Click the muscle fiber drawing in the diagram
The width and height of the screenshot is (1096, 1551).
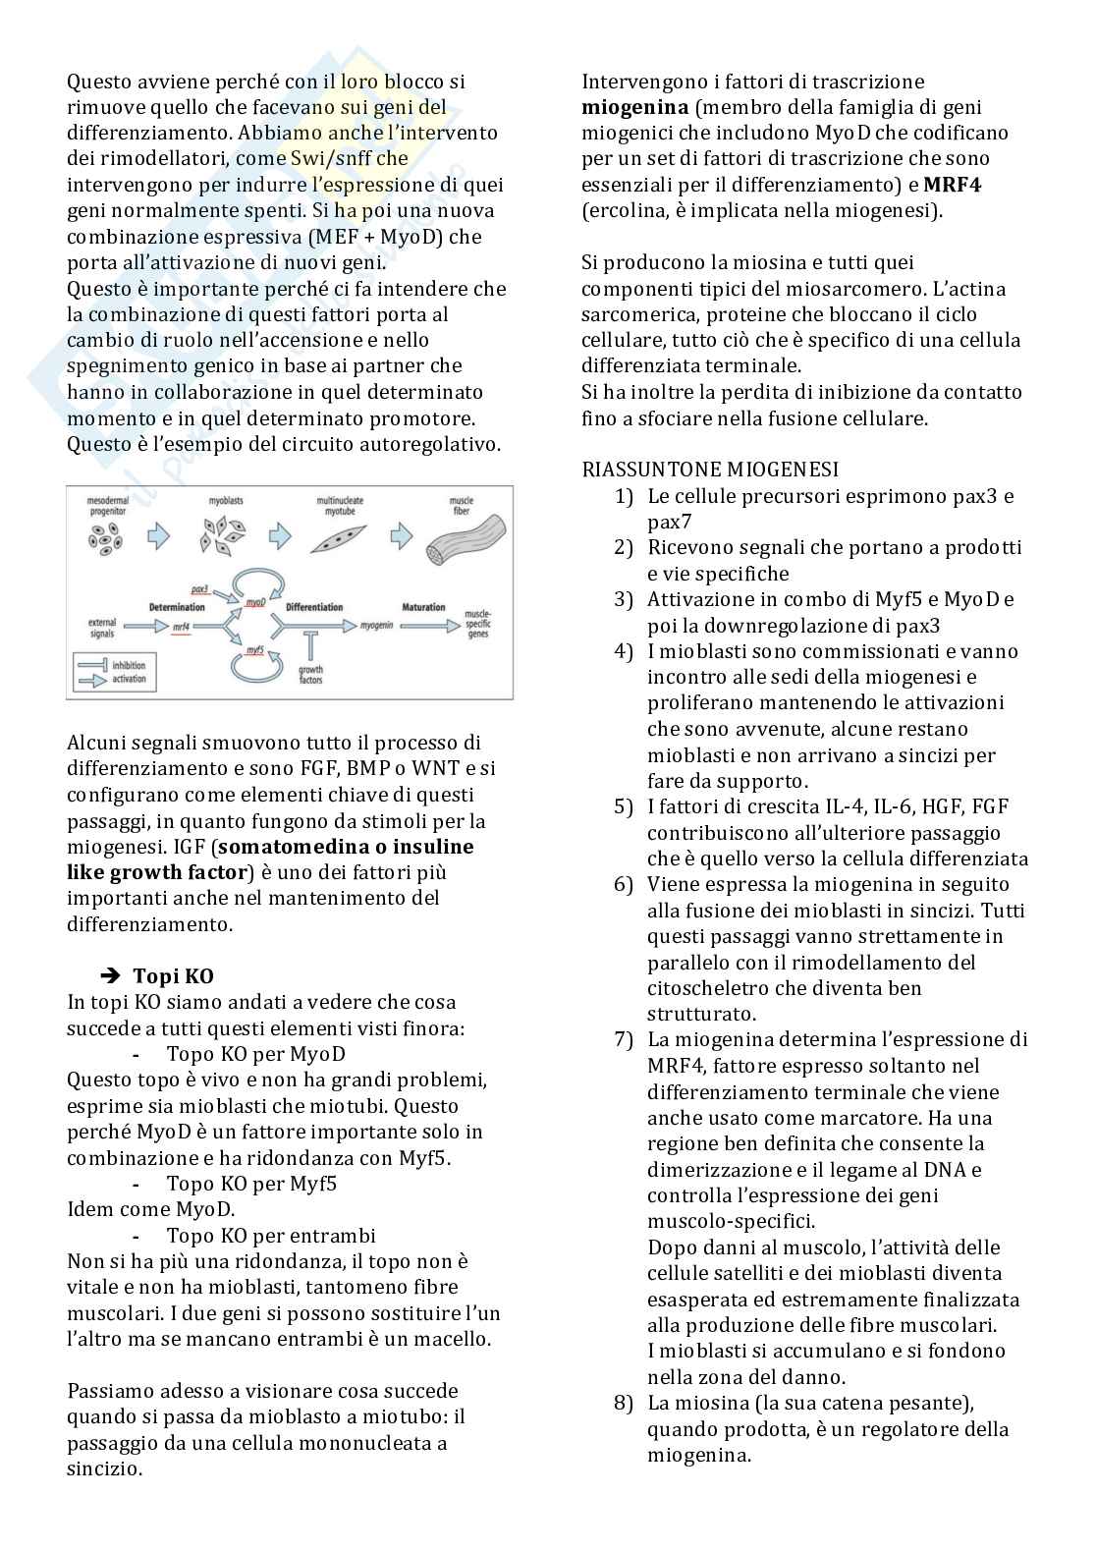(x=467, y=541)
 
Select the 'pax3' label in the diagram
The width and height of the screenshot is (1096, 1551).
(x=200, y=589)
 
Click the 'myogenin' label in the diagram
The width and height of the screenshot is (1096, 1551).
(x=378, y=625)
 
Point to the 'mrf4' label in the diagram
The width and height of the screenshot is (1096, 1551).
(x=181, y=626)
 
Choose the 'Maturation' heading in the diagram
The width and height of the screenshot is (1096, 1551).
(x=423, y=607)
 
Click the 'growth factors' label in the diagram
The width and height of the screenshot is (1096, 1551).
(x=310, y=675)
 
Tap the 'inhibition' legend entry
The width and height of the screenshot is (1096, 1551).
(x=129, y=665)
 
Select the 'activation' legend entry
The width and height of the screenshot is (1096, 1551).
(x=129, y=679)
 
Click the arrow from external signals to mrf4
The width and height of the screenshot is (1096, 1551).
(x=145, y=626)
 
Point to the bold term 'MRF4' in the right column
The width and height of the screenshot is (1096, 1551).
(x=953, y=185)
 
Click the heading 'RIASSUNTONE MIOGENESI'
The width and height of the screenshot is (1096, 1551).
(x=710, y=470)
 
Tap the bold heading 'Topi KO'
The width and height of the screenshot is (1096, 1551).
(x=173, y=975)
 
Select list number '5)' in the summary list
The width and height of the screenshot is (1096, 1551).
(x=624, y=806)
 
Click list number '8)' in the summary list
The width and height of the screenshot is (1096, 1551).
(x=624, y=1403)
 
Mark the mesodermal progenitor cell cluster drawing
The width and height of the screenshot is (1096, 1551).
(x=105, y=537)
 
